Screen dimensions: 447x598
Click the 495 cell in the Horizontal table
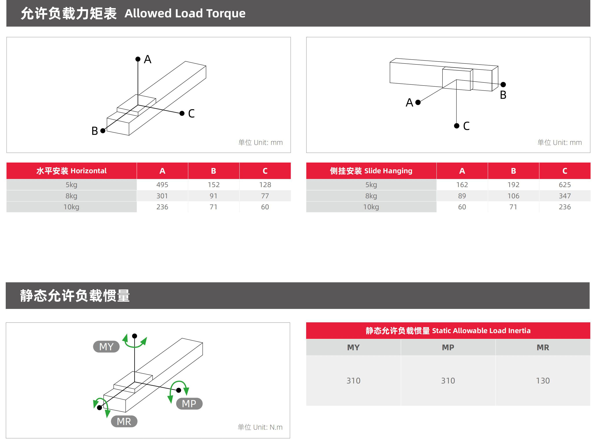pos(162,185)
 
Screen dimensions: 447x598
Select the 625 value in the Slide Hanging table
pos(565,185)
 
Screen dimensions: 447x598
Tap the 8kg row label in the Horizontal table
pos(71,196)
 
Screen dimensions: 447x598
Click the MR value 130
pos(543,381)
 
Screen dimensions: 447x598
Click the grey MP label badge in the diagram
pos(189,403)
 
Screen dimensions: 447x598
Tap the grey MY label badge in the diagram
pos(106,347)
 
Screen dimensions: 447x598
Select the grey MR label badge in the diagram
pos(124,421)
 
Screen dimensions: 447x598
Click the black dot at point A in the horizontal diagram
pos(138,59)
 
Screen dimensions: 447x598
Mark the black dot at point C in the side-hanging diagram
pos(457,126)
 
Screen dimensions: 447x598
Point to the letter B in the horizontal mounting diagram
pos(95,131)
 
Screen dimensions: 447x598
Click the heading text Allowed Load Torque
pos(185,13)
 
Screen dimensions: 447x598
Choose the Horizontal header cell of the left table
pos(71,171)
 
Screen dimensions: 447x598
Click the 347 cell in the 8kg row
pos(565,196)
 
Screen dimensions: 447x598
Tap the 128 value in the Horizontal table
pos(265,185)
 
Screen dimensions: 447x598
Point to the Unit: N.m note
pos(260,427)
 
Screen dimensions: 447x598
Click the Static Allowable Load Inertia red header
pos(448,330)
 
